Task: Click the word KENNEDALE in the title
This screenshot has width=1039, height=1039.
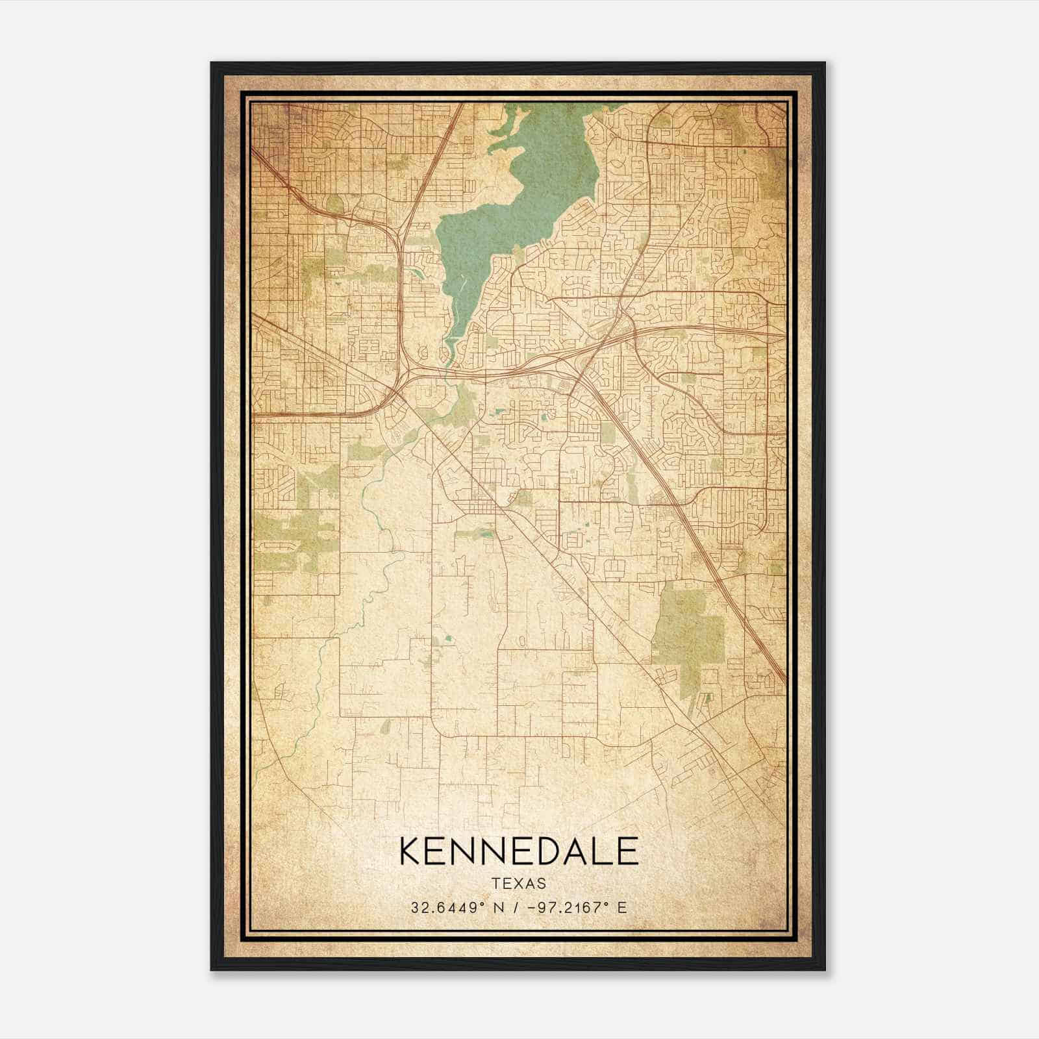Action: pyautogui.click(x=519, y=851)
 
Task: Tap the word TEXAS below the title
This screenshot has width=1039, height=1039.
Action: pyautogui.click(x=519, y=884)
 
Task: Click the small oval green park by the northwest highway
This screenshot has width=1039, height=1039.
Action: pyautogui.click(x=334, y=205)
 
